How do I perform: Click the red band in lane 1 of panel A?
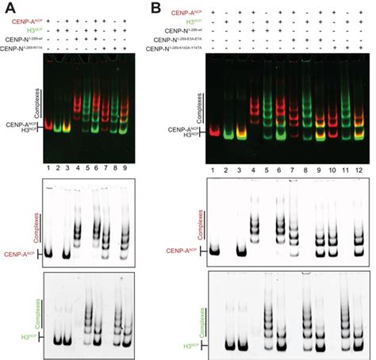(49, 125)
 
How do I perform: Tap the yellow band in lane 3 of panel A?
(67, 127)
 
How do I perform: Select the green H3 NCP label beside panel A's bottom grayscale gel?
(31, 339)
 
